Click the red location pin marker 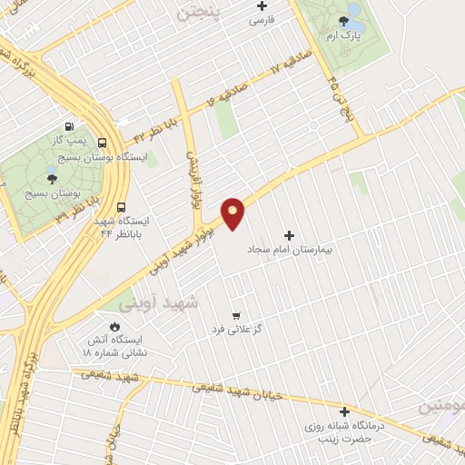click(x=233, y=213)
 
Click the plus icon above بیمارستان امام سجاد click(x=290, y=235)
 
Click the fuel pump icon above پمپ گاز click(x=69, y=127)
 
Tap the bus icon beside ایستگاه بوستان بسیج click(x=102, y=143)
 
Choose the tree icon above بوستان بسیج click(x=52, y=180)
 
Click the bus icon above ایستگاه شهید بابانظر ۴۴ click(x=122, y=206)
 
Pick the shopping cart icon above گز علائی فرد click(x=236, y=314)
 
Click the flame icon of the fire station click(x=114, y=327)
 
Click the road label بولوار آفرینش click(x=193, y=178)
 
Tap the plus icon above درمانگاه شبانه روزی click(x=343, y=411)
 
